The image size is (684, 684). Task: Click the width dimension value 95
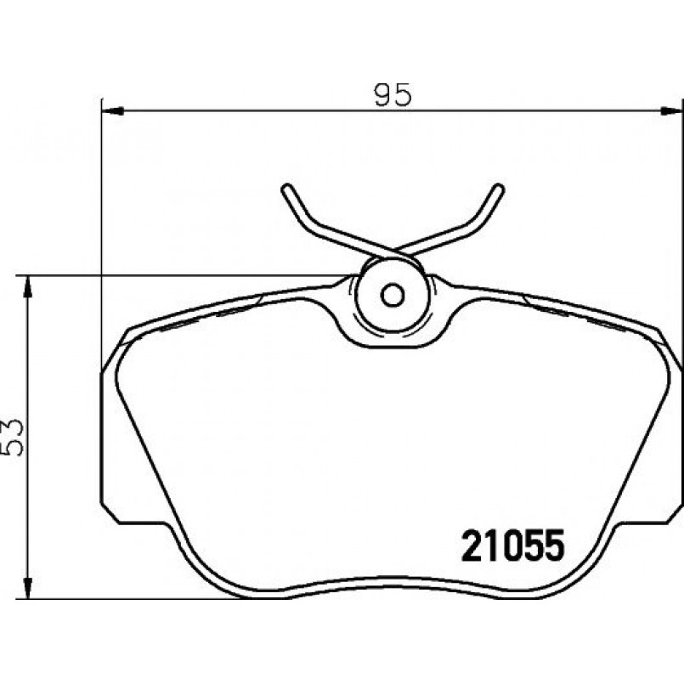coord(393,94)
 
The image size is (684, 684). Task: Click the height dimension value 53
coord(12,438)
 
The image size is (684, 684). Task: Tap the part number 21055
coord(513,546)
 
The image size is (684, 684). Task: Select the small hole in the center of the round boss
coord(393,296)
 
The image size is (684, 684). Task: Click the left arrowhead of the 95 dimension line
coord(112,111)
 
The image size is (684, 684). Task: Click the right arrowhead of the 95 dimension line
coord(671,111)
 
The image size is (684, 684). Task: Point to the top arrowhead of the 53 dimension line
coord(28,286)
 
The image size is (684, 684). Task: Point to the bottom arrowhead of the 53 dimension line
coord(28,588)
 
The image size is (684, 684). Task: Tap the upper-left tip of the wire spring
coord(286,188)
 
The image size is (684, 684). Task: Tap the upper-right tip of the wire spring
coord(500,188)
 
